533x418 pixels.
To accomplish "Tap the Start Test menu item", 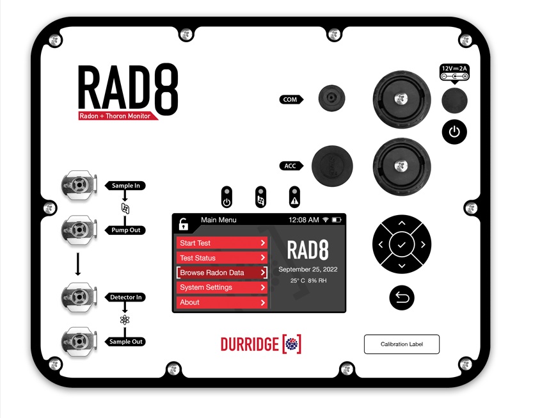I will tap(221, 243).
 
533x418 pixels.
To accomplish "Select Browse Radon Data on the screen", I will tap(221, 273).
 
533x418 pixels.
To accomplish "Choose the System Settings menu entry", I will tap(221, 287).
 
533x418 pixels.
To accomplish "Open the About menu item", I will tap(221, 302).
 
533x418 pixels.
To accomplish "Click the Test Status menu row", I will tap(221, 258).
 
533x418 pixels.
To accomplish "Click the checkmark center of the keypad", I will tap(402, 245).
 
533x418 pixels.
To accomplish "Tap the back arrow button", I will tap(402, 297).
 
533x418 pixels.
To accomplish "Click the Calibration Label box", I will tap(402, 344).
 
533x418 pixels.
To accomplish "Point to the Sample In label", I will tap(126, 186).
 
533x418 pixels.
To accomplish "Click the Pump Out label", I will tap(125, 230).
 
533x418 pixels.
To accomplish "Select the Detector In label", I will tap(126, 298).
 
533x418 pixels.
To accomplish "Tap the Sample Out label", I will tap(125, 342).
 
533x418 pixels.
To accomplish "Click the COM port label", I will tap(290, 100).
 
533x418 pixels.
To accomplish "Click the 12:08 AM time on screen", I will tap(303, 220).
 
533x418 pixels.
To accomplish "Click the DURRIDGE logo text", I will tap(250, 344).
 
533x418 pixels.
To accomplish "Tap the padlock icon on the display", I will tap(184, 223).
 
